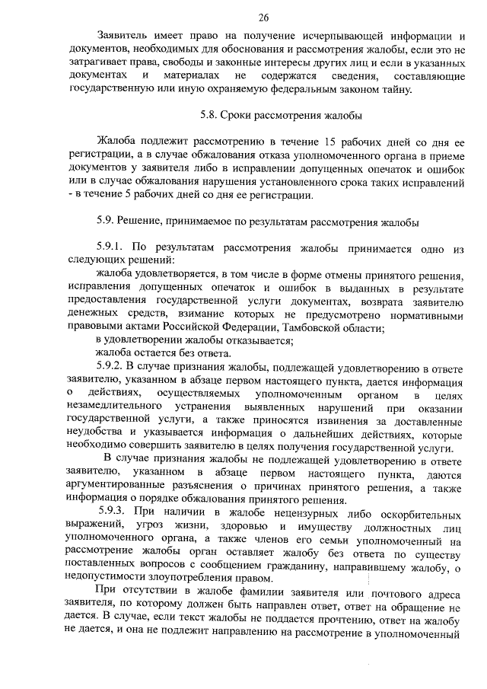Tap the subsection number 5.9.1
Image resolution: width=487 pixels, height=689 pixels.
(x=113, y=248)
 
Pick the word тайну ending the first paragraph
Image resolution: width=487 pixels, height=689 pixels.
(x=394, y=89)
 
